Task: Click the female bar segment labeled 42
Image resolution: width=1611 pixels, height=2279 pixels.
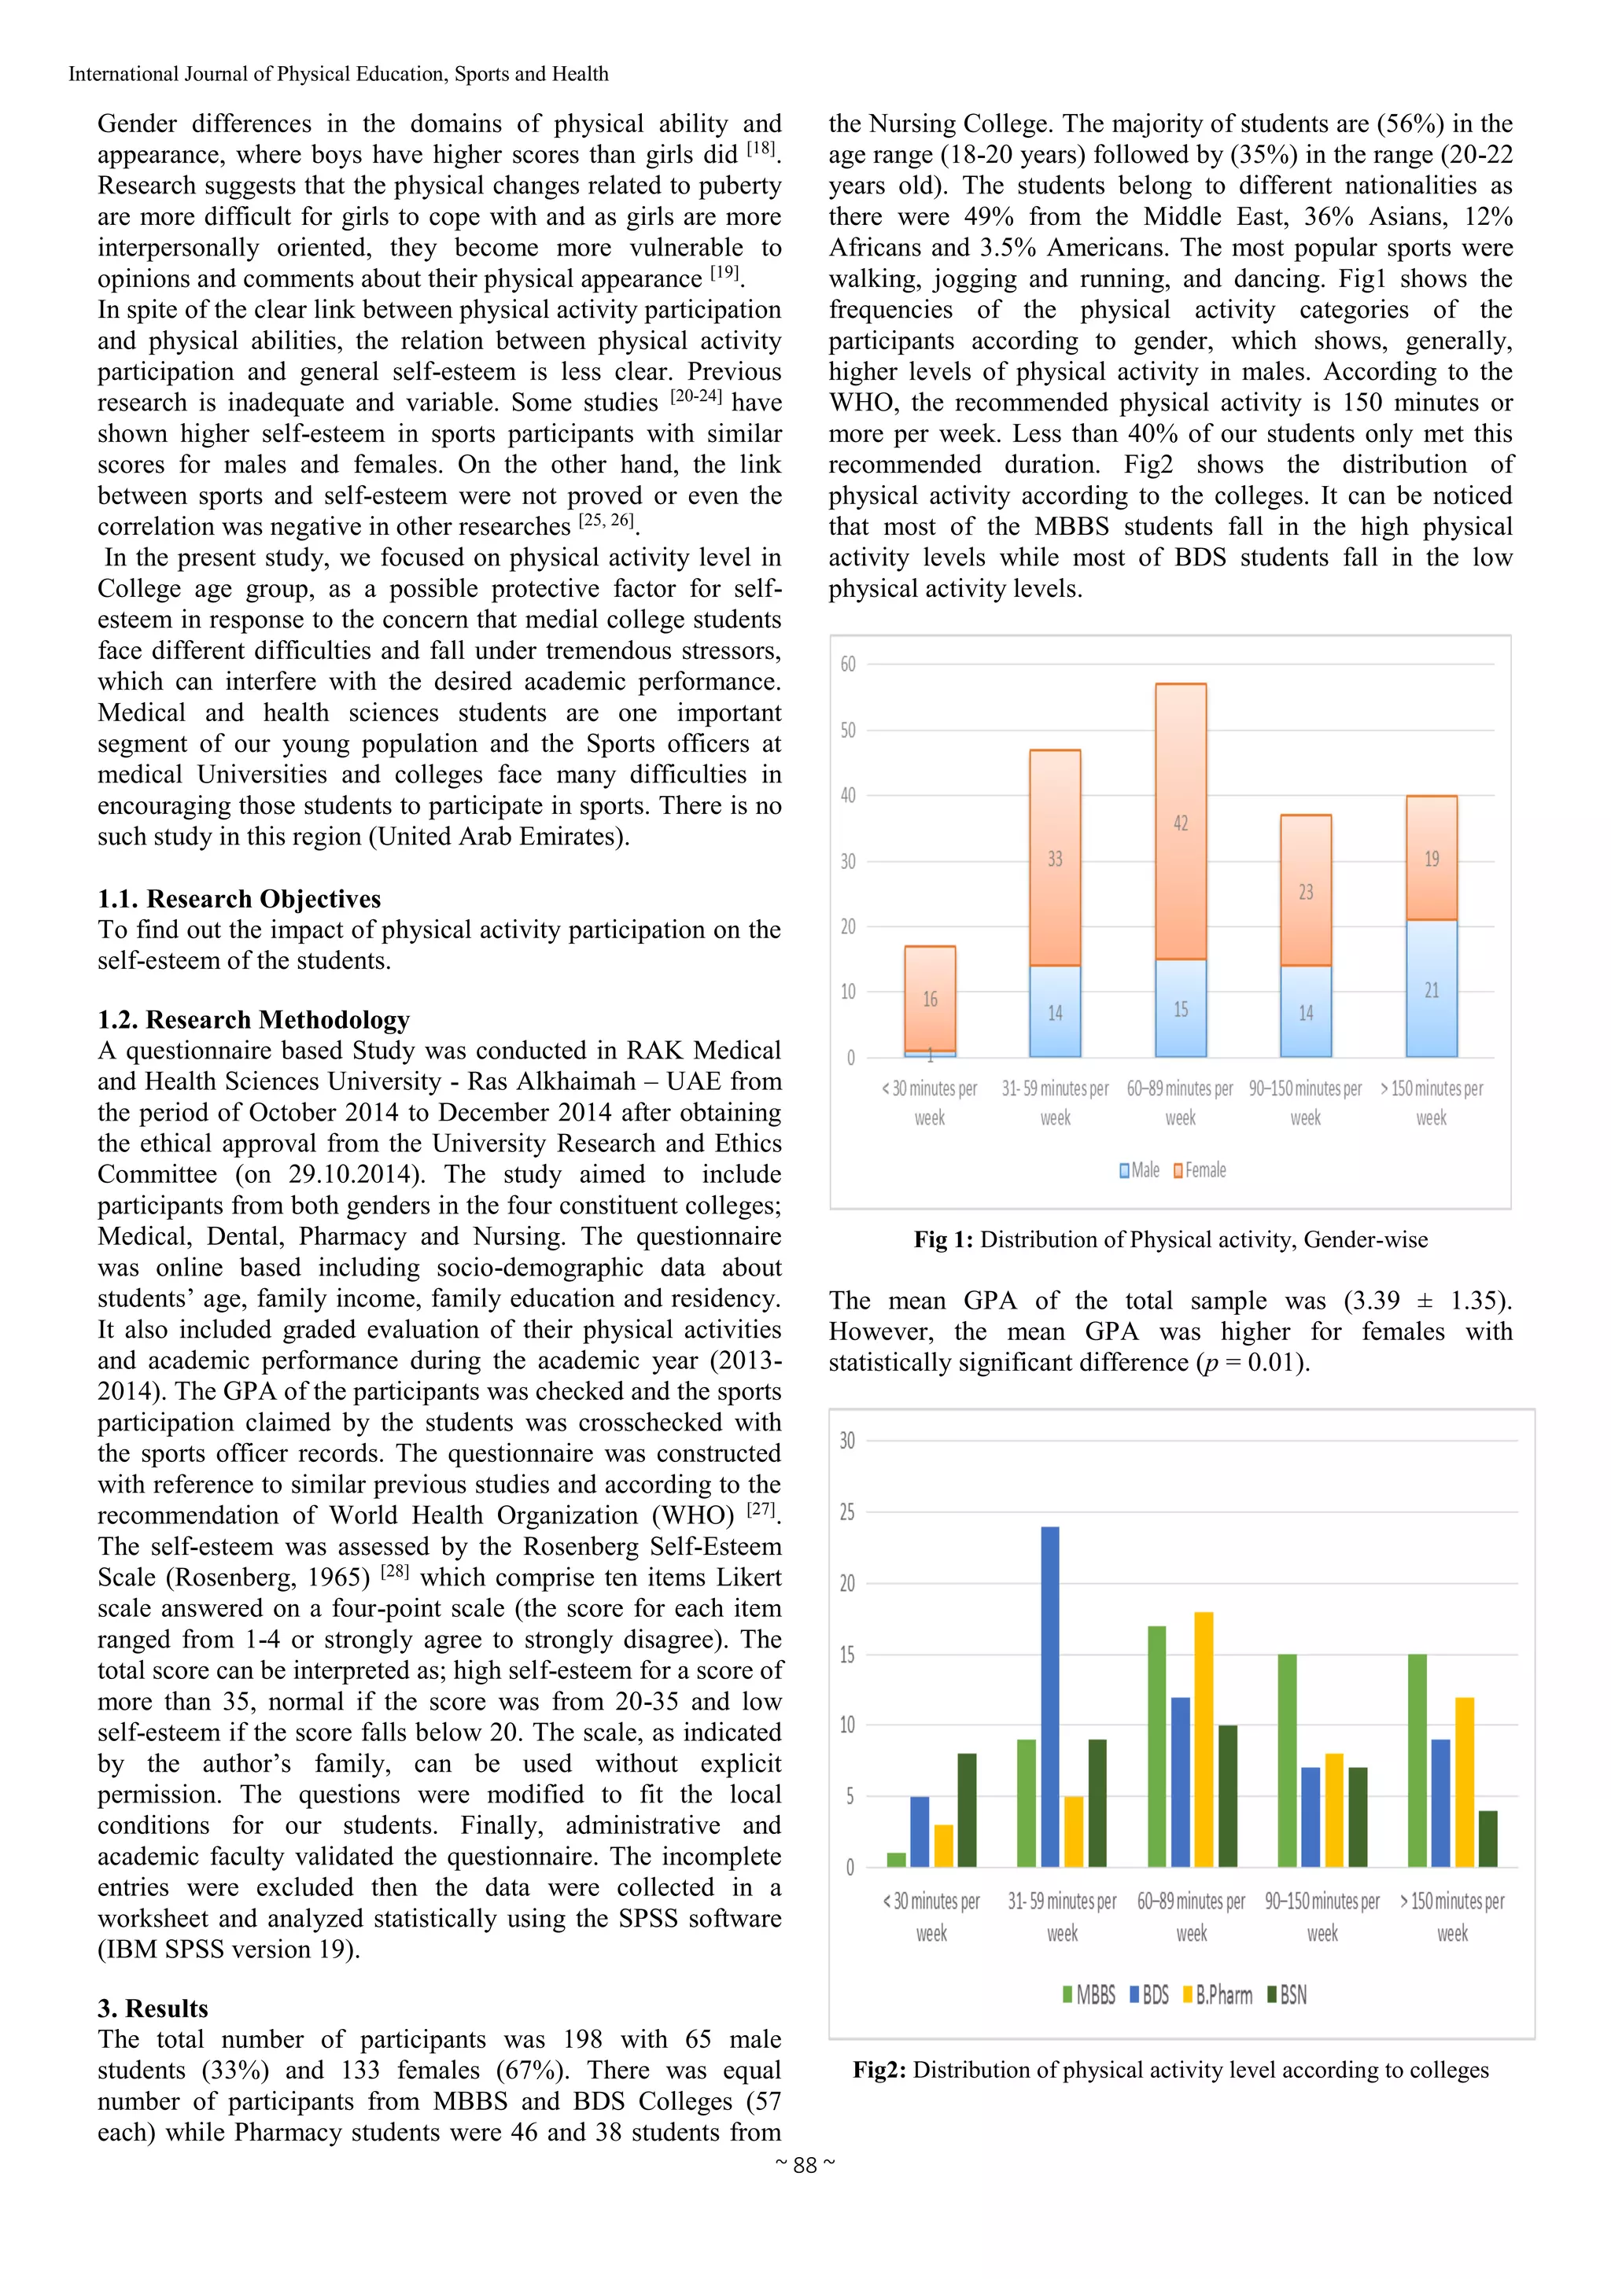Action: (1180, 822)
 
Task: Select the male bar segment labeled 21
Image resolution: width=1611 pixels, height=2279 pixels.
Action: (1430, 989)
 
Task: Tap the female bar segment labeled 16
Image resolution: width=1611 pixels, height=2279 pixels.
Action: (930, 998)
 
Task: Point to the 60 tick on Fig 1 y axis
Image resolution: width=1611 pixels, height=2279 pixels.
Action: (848, 664)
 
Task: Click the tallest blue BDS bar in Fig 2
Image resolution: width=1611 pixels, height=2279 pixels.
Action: (1049, 1696)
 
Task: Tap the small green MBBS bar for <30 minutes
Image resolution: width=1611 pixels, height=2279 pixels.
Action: (896, 1859)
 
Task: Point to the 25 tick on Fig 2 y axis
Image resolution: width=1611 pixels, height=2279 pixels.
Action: (846, 1513)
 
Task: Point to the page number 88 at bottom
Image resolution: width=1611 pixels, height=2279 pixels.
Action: (805, 2164)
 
